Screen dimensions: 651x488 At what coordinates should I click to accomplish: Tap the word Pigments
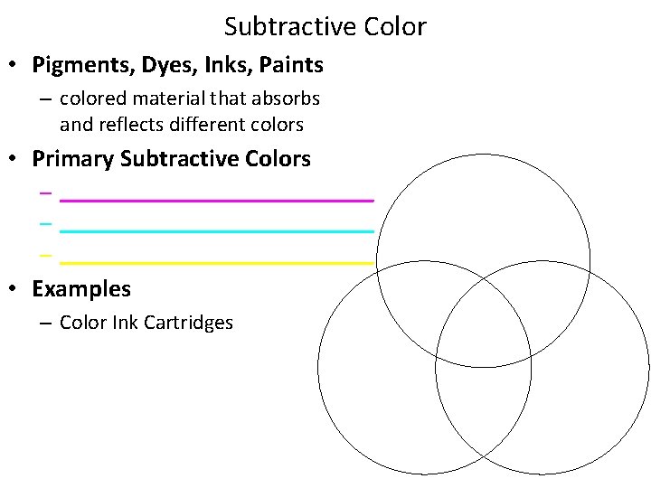click(73, 65)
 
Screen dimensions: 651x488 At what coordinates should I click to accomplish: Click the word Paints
click(285, 65)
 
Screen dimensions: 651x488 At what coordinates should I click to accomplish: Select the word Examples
click(81, 289)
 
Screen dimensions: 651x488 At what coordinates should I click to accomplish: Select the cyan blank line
click(217, 231)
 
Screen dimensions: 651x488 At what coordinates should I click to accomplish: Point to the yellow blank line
click(217, 262)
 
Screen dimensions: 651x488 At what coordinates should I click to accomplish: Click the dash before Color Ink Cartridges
click(45, 323)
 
